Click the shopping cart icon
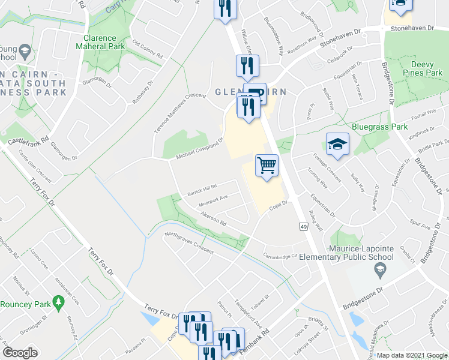pyautogui.click(x=267, y=164)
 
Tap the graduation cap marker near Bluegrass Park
pyautogui.click(x=337, y=143)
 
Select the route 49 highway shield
pyautogui.click(x=304, y=226)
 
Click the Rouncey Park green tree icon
pyautogui.click(x=58, y=300)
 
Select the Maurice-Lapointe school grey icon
pyautogui.click(x=379, y=271)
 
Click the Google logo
pyautogui.click(x=20, y=353)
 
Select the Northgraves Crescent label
pyautogui.click(x=188, y=243)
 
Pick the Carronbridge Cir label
pyautogui.click(x=280, y=256)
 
